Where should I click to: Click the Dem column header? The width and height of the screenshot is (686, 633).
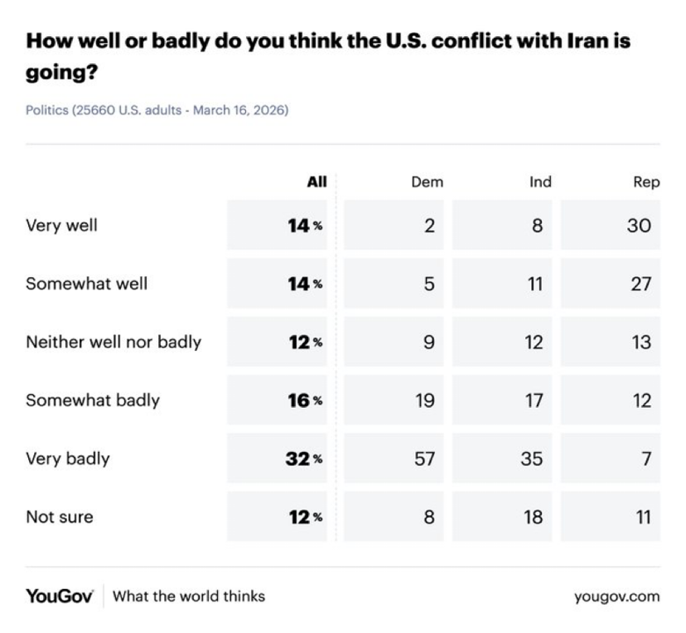click(x=427, y=182)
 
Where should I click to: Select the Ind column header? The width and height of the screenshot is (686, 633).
click(x=540, y=182)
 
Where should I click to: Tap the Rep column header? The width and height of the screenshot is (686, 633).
click(x=646, y=182)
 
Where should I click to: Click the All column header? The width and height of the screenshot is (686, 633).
click(x=316, y=182)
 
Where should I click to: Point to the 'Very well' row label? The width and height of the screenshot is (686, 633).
click(x=61, y=225)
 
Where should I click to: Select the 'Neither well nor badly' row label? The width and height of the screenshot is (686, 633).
click(x=113, y=342)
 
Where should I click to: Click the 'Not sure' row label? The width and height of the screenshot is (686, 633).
click(x=59, y=517)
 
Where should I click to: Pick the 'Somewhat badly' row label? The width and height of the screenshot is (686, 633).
click(x=92, y=400)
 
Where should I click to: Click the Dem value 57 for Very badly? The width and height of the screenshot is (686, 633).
click(x=424, y=458)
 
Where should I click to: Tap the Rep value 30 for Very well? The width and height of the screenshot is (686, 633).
click(x=639, y=225)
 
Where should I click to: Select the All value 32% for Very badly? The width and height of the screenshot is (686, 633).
click(x=304, y=458)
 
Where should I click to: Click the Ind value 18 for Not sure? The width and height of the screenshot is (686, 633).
click(x=533, y=517)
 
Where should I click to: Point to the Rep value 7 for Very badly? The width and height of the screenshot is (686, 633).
click(x=646, y=458)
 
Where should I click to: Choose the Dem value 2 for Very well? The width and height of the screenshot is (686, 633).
click(x=429, y=225)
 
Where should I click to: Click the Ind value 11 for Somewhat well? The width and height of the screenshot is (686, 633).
click(x=534, y=283)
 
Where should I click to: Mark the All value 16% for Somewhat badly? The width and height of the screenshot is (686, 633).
click(x=304, y=400)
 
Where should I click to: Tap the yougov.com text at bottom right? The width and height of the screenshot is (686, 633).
click(x=617, y=596)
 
